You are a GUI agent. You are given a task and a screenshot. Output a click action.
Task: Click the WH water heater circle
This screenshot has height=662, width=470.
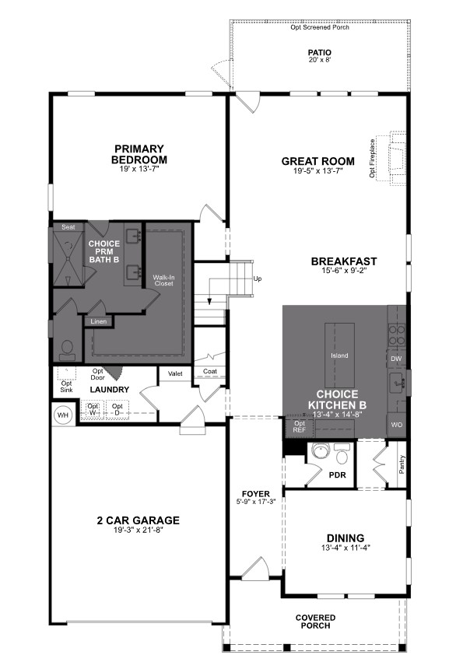click(62, 415)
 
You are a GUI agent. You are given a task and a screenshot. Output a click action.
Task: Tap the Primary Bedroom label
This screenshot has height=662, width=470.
click(139, 154)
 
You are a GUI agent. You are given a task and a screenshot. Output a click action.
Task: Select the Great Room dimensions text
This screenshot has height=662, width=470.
click(317, 171)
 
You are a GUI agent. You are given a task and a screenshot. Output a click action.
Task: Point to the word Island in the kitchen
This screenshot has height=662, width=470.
click(338, 356)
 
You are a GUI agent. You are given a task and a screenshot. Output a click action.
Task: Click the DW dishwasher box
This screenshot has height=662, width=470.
click(396, 359)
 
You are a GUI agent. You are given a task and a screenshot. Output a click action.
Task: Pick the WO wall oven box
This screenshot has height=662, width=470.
click(396, 425)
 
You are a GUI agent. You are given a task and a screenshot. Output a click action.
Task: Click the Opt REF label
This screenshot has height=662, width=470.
click(300, 426)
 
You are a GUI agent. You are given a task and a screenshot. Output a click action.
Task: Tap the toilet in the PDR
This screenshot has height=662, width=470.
click(320, 450)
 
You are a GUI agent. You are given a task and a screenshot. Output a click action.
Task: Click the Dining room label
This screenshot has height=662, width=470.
click(345, 538)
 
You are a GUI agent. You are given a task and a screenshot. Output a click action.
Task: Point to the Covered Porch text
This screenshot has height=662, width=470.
click(315, 622)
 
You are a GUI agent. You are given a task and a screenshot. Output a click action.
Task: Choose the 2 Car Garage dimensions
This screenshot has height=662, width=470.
click(139, 530)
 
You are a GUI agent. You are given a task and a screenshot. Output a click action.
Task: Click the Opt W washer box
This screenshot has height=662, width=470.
click(93, 409)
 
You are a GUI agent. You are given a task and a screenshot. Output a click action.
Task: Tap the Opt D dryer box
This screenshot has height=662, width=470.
click(117, 409)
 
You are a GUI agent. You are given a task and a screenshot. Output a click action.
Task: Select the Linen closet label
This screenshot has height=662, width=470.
click(98, 321)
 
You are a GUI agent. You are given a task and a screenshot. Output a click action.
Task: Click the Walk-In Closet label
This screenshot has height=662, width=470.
click(163, 280)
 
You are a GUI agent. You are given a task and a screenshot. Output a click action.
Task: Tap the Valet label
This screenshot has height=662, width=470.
click(174, 373)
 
